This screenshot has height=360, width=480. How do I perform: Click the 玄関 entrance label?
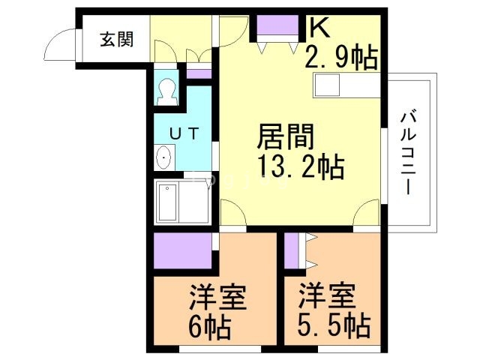[118, 39]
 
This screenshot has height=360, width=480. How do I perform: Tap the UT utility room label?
[183, 133]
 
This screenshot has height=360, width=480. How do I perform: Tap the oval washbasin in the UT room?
[164, 158]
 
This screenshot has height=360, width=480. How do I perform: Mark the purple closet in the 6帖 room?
[181, 251]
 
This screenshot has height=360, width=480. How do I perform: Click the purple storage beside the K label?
[277, 26]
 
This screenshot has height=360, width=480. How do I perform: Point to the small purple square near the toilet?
[199, 73]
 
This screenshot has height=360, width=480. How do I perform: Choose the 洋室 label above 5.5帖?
[327, 298]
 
